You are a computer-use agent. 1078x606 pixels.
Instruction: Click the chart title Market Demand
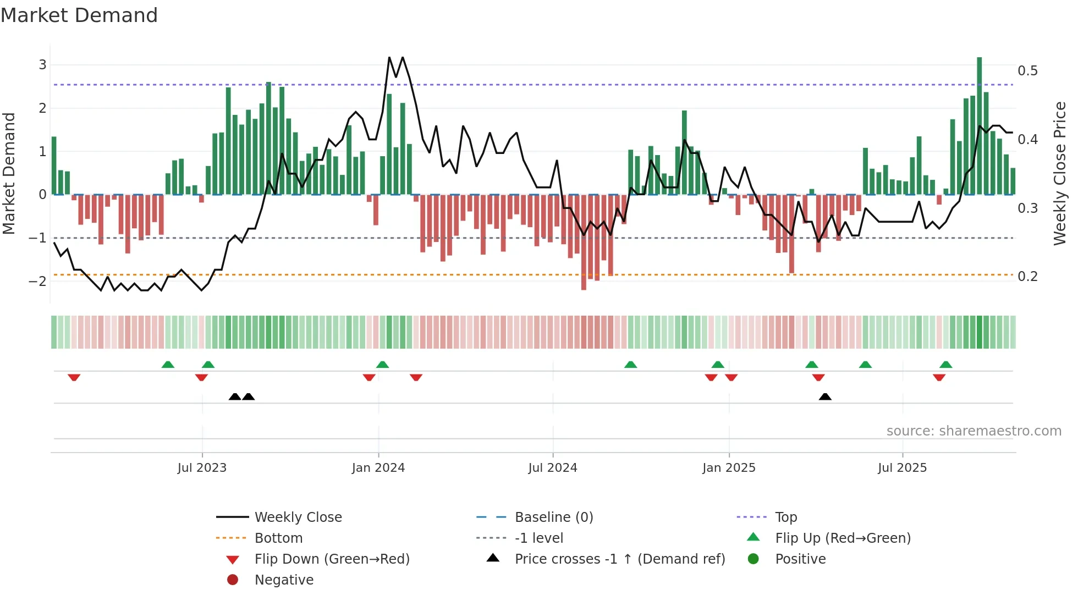79,15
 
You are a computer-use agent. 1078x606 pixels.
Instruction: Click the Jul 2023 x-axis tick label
202,468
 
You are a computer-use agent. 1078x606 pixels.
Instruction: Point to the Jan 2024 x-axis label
378,468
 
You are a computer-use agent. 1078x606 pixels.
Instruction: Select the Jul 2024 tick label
553,468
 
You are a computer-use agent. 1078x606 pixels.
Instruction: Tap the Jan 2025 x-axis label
729,468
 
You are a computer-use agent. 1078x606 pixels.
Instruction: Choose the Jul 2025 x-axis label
902,468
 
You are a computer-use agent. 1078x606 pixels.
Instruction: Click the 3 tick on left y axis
42,65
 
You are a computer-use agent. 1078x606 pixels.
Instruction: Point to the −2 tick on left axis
38,281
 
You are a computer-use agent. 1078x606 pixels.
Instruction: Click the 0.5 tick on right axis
1027,71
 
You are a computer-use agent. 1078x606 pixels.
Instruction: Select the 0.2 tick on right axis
1027,277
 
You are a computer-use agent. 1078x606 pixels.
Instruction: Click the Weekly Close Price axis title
1059,173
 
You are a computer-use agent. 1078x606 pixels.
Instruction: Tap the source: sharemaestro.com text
974,431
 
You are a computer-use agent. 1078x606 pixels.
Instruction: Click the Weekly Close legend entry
298,517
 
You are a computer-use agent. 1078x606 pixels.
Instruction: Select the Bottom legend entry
278,538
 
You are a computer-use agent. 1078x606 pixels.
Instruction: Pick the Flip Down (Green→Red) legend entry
332,559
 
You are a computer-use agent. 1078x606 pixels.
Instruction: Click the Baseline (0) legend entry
553,517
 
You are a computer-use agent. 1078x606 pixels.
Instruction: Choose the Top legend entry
786,517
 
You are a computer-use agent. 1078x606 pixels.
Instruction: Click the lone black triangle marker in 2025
824,397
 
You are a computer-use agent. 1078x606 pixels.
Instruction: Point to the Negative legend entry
284,580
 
